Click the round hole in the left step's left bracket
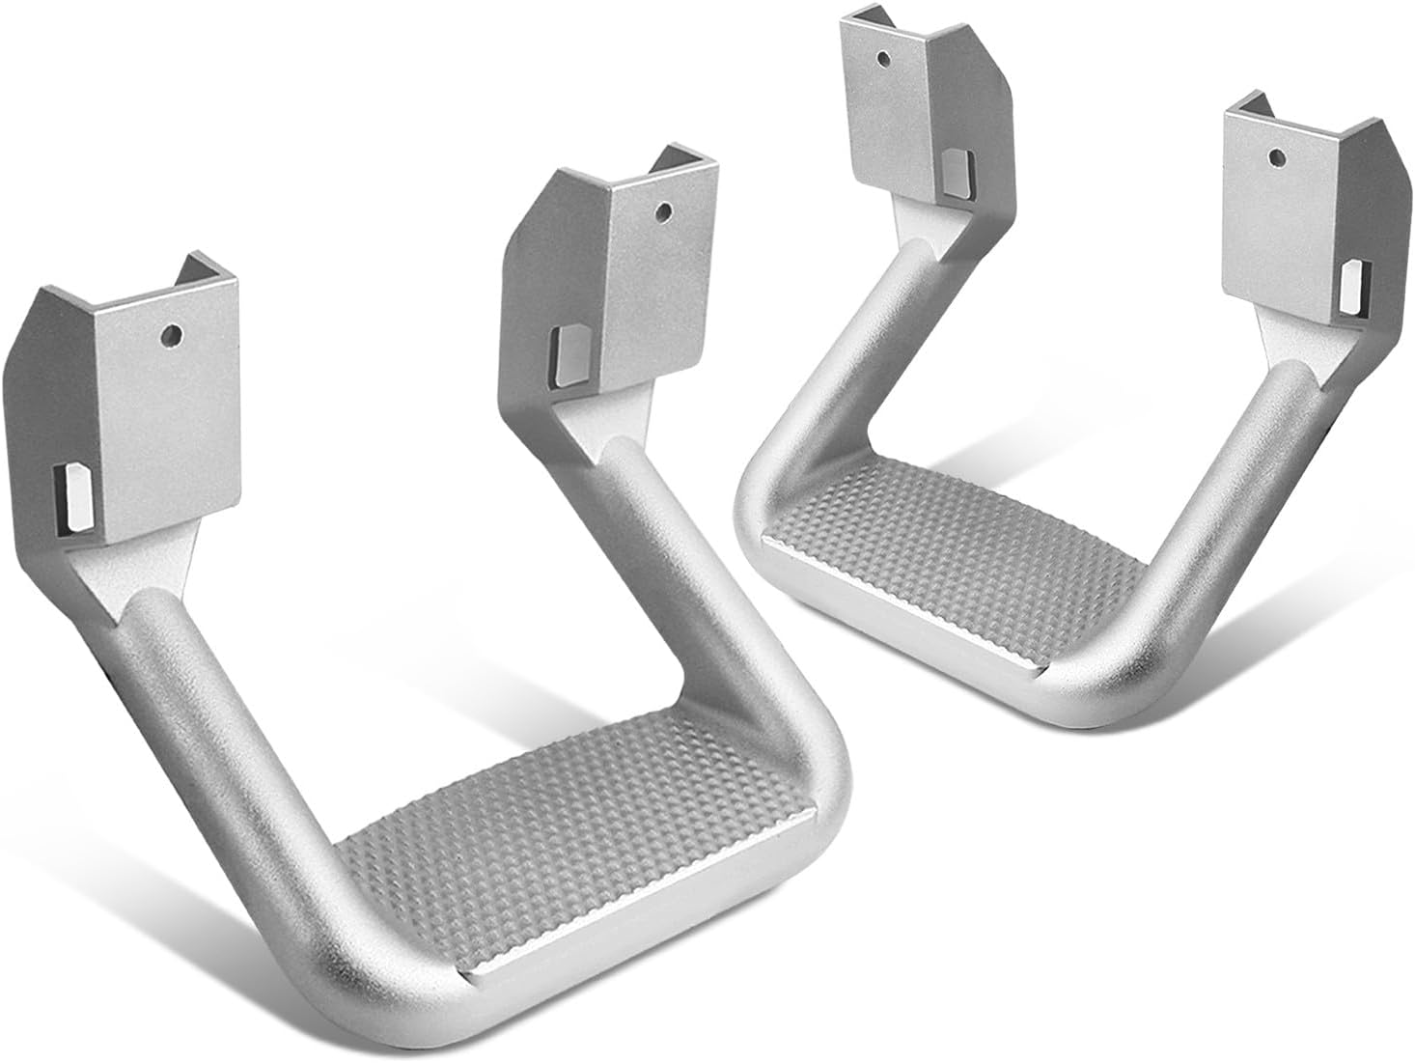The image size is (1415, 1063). [171, 335]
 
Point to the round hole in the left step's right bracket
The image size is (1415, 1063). [661, 209]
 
